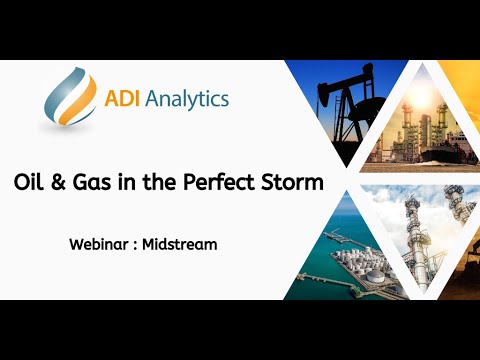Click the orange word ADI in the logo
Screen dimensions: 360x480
[x=124, y=99]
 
